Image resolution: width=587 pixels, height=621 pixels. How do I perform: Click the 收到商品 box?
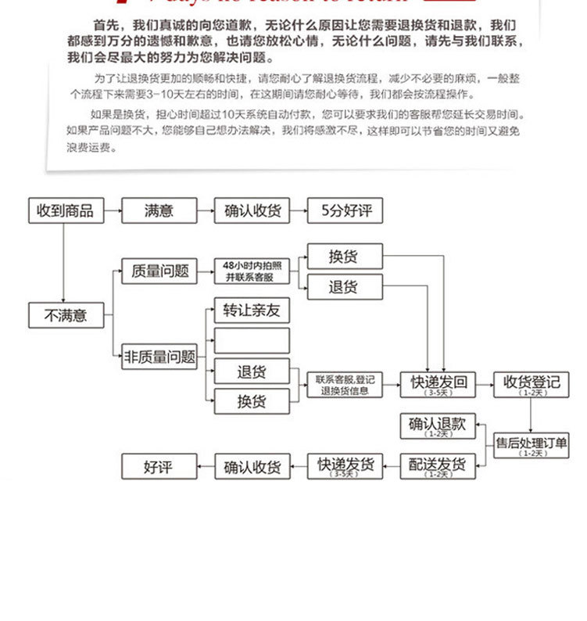pyautogui.click(x=66, y=210)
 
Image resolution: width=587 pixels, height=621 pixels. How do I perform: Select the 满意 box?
pyautogui.click(x=159, y=210)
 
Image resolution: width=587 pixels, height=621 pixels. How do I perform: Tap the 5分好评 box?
pyautogui.click(x=345, y=210)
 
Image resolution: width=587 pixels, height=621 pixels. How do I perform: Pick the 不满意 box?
pyautogui.click(x=66, y=315)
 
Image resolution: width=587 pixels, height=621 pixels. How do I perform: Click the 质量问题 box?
pyautogui.click(x=159, y=271)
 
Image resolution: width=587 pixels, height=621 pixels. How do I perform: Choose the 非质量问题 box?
pyautogui.click(x=159, y=357)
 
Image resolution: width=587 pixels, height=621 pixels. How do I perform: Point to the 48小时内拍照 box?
pyautogui.click(x=252, y=271)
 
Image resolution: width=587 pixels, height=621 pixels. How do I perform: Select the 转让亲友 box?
pyautogui.click(x=252, y=310)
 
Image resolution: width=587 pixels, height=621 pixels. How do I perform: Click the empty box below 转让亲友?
pyautogui.click(x=252, y=340)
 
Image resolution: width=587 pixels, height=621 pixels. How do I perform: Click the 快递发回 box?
pyautogui.click(x=438, y=384)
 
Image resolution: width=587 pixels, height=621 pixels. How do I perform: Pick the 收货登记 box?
pyautogui.click(x=532, y=384)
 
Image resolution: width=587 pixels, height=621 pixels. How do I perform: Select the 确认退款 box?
pyautogui.click(x=438, y=426)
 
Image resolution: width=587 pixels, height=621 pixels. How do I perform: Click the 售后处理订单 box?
pyautogui.click(x=532, y=444)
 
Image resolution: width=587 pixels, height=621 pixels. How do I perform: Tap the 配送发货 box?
pyautogui.click(x=438, y=466)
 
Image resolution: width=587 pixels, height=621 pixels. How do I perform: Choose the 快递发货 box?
pyautogui.click(x=345, y=466)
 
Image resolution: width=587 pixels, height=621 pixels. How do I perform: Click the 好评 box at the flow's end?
pyautogui.click(x=159, y=467)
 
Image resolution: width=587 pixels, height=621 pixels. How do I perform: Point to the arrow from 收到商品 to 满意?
pyautogui.click(x=113, y=210)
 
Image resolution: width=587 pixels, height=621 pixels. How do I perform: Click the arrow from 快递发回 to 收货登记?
pyautogui.click(x=485, y=384)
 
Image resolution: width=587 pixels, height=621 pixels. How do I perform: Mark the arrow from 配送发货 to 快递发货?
pyautogui.click(x=392, y=467)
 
